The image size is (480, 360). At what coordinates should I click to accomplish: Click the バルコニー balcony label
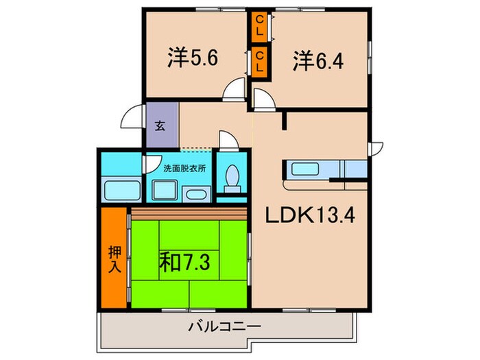point(224,327)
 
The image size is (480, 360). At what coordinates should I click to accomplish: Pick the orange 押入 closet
point(115,256)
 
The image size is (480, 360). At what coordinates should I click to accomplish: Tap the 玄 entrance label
point(159,125)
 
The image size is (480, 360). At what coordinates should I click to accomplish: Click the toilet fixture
point(231,179)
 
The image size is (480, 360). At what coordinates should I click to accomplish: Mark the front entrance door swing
point(132,119)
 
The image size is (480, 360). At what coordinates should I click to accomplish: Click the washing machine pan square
point(164,189)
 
